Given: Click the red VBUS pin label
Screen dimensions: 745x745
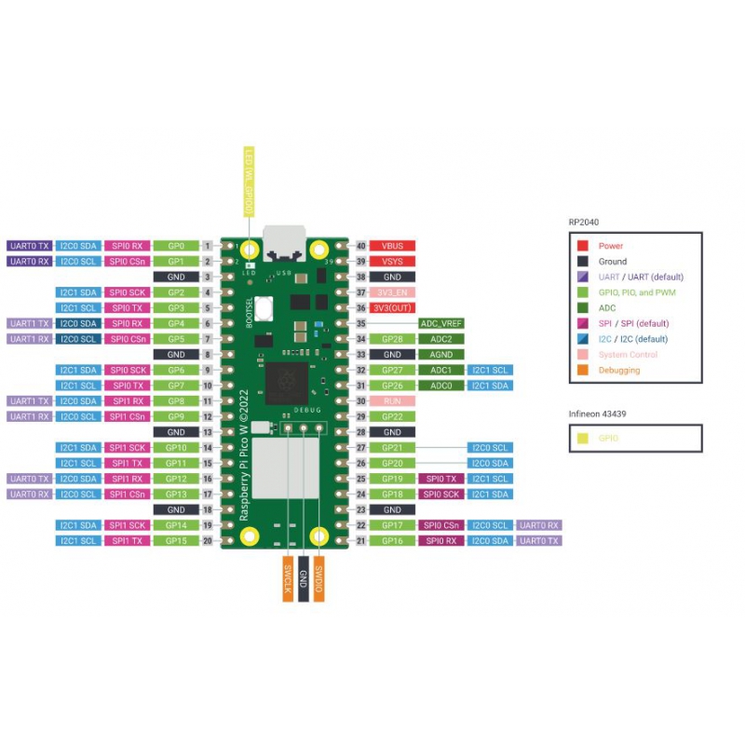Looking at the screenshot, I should (x=392, y=246).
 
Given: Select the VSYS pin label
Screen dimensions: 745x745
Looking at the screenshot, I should (x=392, y=262).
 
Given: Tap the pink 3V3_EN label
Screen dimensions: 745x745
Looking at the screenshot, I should (x=392, y=292).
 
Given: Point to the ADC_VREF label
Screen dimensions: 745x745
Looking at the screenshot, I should (x=440, y=323).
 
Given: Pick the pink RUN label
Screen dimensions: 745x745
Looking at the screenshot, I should (x=392, y=400).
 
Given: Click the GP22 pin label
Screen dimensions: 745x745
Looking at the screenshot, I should (x=392, y=416).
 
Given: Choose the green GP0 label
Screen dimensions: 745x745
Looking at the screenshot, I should (x=176, y=246).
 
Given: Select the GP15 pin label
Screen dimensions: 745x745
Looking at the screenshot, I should (x=176, y=540).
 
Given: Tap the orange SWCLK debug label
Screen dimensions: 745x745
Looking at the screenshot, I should (x=288, y=578).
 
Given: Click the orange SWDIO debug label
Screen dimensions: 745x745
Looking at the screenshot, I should (x=318, y=578).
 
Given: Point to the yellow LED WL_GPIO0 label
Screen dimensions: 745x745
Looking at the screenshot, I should (x=249, y=182).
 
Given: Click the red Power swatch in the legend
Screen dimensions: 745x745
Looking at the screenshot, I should (x=583, y=246).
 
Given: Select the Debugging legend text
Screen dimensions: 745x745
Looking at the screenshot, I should (x=618, y=370).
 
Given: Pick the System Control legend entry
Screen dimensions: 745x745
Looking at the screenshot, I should (x=628, y=355).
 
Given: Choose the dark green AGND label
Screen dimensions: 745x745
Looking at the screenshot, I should (x=440, y=355).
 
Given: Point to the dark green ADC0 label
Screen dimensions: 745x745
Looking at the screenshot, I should (x=440, y=386).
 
